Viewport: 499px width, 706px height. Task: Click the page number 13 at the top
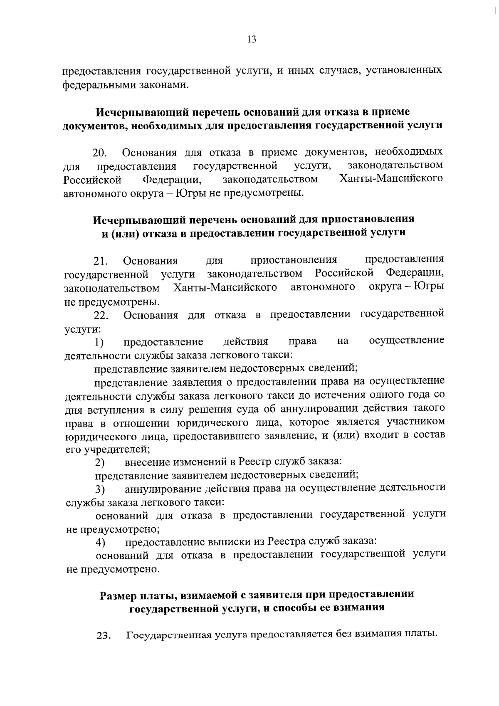pos(252,39)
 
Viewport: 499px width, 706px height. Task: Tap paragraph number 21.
pos(100,261)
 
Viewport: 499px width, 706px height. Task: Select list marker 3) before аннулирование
pos(99,489)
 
